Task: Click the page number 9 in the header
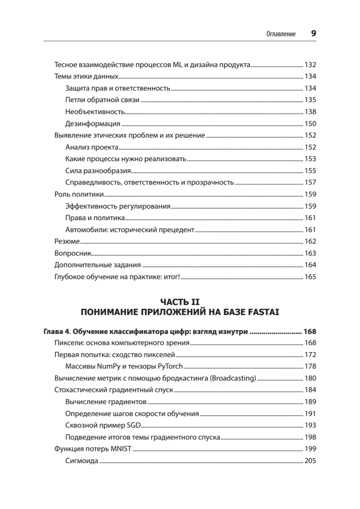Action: coord(313,34)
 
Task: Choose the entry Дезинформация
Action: coord(93,124)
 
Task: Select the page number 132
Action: coord(310,65)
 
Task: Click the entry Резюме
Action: coord(67,241)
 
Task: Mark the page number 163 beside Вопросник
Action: coord(310,253)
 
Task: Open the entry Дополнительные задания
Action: coord(98,265)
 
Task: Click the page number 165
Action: coord(310,277)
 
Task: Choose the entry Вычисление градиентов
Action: coord(106,401)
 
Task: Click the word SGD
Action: coord(134,425)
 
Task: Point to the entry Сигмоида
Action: coord(82,461)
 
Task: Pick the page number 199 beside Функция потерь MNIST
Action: coord(310,449)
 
